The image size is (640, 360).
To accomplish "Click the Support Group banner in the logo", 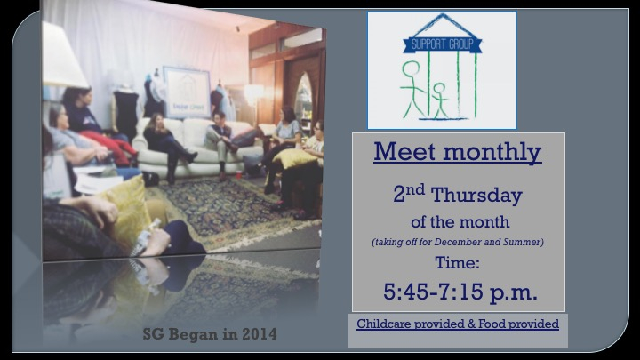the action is click(x=443, y=44).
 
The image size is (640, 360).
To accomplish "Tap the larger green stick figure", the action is click(x=412, y=89).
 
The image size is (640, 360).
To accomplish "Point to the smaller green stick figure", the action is click(x=440, y=100).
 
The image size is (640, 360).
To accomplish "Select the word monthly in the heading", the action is click(x=492, y=153).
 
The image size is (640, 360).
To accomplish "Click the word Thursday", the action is click(x=476, y=195).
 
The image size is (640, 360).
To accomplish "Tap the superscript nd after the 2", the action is click(x=415, y=189).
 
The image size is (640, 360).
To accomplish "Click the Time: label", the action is click(x=457, y=262).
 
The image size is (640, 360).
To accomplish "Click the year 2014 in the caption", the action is click(x=260, y=334).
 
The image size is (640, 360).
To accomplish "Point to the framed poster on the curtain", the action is click(x=187, y=92).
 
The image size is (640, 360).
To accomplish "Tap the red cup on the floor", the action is click(x=239, y=175).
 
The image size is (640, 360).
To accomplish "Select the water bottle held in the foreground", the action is click(x=146, y=237).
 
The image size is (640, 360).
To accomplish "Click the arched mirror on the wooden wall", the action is click(x=303, y=98).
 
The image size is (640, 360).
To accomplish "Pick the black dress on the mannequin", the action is click(x=125, y=110).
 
